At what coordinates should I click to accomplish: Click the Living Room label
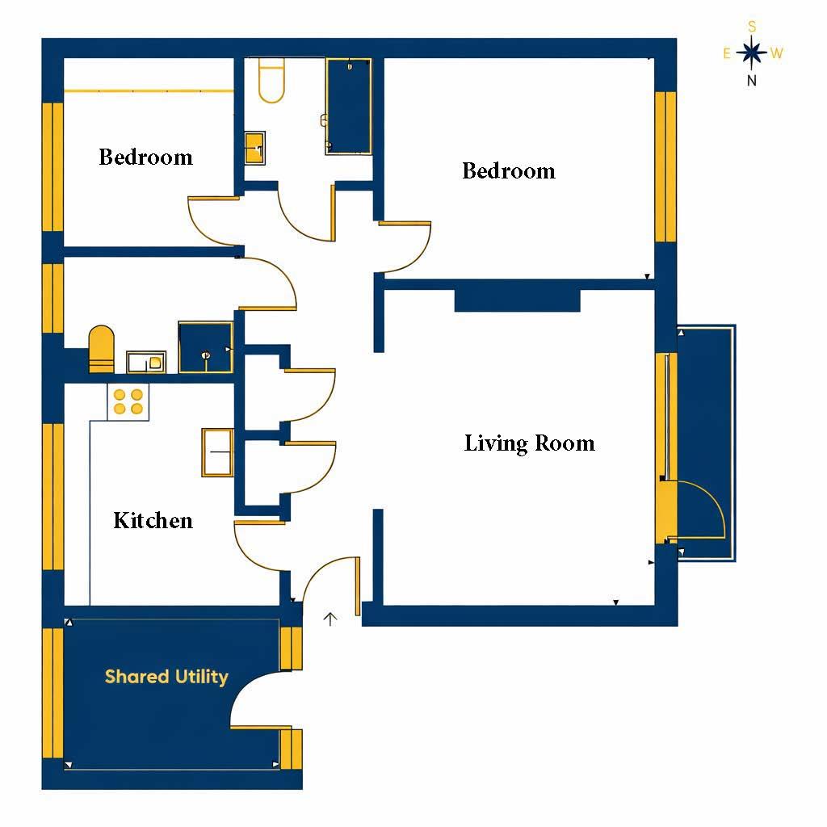tap(529, 443)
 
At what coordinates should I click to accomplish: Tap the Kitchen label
tap(153, 520)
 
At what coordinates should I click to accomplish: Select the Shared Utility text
tap(166, 677)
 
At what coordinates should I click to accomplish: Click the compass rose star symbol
tap(752, 53)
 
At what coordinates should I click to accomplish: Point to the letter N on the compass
tap(752, 80)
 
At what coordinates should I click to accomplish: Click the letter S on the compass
tap(752, 27)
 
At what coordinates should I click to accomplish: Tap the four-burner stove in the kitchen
tap(128, 401)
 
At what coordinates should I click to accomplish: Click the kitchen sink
tap(217, 452)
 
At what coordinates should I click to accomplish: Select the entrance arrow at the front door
tap(330, 619)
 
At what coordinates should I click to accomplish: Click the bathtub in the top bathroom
tap(349, 106)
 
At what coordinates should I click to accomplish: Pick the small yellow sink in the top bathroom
tap(254, 148)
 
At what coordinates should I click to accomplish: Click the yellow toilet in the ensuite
tap(101, 349)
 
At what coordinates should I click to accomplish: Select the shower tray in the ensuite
tap(205, 347)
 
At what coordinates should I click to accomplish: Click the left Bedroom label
tap(145, 157)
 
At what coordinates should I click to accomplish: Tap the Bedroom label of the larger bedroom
tap(508, 171)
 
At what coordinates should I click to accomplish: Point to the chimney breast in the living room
tap(517, 300)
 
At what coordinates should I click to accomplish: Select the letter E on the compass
tap(727, 54)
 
